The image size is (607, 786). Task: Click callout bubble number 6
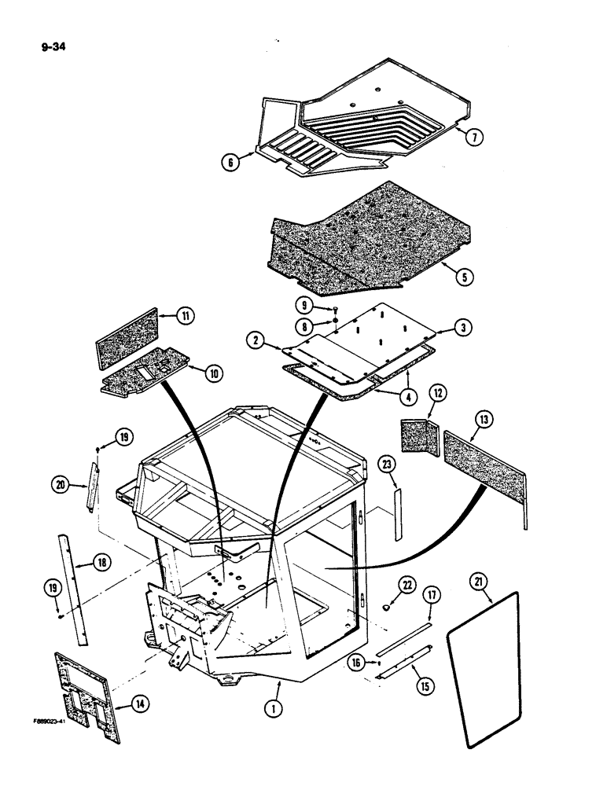231,162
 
